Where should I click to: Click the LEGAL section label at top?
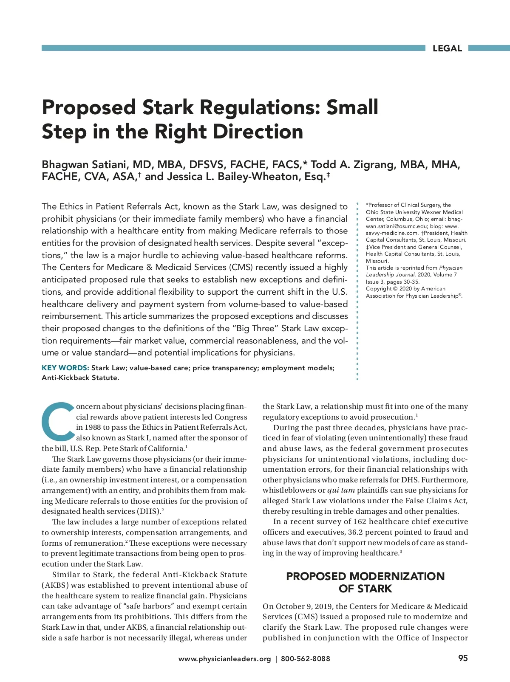pos(447,48)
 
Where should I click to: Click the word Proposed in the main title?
pos(88,107)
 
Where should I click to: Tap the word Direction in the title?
pos(258,132)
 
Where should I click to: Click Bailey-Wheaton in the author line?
pos(259,177)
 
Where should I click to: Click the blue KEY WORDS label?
pos(65,368)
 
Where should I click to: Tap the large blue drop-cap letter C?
pos(58,421)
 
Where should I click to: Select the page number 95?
pos(463,658)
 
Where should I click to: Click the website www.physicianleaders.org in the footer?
pos(224,659)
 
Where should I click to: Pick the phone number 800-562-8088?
pos(305,659)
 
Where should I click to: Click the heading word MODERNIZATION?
pos(397,576)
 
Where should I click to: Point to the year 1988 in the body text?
pos(92,427)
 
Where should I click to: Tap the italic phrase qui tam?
pos(341,490)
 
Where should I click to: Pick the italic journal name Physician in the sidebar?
pos(450,268)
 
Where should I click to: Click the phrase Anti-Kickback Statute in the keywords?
pos(80,378)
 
